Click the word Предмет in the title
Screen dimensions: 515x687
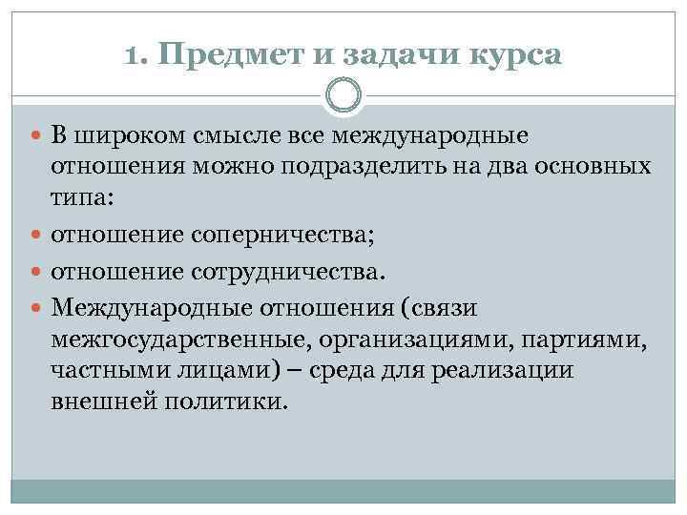point(233,56)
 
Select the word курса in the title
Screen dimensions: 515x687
point(515,56)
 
